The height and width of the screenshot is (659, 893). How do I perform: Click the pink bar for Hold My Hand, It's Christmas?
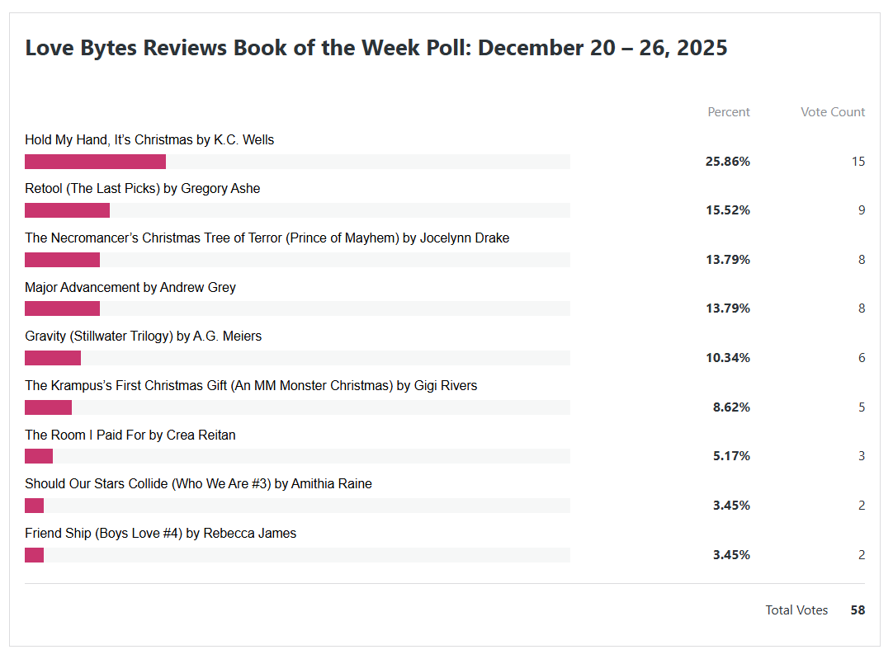95,162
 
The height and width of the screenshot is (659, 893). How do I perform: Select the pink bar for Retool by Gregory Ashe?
67,210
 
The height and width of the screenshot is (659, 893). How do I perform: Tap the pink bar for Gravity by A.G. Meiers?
53,358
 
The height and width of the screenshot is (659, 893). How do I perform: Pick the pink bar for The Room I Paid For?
39,456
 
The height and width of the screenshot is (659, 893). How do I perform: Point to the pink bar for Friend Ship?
34,555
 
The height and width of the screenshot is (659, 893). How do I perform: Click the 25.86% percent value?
727,162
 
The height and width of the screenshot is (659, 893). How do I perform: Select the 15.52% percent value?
727,210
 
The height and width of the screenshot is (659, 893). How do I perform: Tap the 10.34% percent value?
727,358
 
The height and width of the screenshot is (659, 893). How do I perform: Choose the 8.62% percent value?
731,407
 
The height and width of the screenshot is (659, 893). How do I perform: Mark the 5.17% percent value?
731,456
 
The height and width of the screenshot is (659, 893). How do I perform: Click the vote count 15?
858,162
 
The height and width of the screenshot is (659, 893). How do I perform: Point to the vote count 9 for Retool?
862,210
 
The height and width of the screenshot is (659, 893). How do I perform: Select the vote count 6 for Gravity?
862,358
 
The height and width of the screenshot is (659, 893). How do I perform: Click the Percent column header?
729,112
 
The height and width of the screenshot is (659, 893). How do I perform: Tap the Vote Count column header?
833,112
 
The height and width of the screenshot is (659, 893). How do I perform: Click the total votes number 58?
858,610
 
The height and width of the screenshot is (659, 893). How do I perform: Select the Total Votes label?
796,610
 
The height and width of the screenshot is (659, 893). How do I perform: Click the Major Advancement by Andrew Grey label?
130,288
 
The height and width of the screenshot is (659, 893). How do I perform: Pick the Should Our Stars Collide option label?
198,484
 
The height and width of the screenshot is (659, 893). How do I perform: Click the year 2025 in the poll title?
702,48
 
